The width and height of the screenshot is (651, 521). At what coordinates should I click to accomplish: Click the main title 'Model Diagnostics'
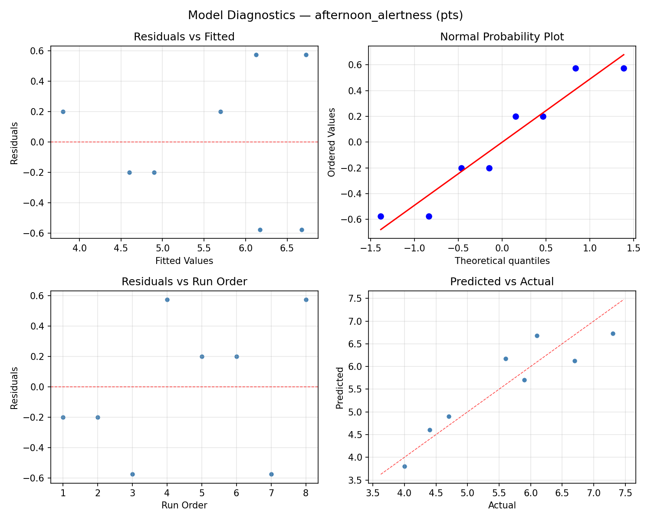[x=325, y=16]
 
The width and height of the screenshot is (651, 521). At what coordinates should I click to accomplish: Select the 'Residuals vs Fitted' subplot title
[x=184, y=37]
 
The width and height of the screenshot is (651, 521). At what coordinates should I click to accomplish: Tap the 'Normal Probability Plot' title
[x=502, y=37]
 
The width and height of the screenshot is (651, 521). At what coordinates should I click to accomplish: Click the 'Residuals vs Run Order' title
[x=184, y=282]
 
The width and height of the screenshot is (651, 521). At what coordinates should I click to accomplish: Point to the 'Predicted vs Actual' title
[x=502, y=282]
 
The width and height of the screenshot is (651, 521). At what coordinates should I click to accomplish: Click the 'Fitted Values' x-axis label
[x=184, y=261]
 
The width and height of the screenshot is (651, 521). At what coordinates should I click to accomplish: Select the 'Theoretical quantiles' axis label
[x=502, y=261]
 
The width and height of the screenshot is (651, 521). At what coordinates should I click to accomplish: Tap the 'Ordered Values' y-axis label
[x=332, y=142]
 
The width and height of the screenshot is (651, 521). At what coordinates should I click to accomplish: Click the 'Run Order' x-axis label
[x=184, y=505]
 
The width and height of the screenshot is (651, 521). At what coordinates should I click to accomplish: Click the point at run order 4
[x=167, y=300]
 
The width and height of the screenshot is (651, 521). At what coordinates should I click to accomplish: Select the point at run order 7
[x=271, y=474]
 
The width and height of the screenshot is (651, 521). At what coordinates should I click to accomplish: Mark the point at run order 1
[x=63, y=417]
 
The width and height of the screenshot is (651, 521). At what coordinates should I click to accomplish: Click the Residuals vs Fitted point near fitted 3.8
[x=63, y=112]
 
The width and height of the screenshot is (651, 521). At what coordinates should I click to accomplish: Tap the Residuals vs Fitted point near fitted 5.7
[x=220, y=112]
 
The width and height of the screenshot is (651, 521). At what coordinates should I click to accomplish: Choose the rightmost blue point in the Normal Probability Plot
[x=624, y=68]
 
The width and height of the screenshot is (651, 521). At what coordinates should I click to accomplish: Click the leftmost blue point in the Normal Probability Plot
[x=381, y=216]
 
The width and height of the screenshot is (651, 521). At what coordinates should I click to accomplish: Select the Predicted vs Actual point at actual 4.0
[x=404, y=466]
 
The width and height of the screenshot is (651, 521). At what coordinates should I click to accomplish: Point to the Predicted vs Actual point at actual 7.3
[x=613, y=333]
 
